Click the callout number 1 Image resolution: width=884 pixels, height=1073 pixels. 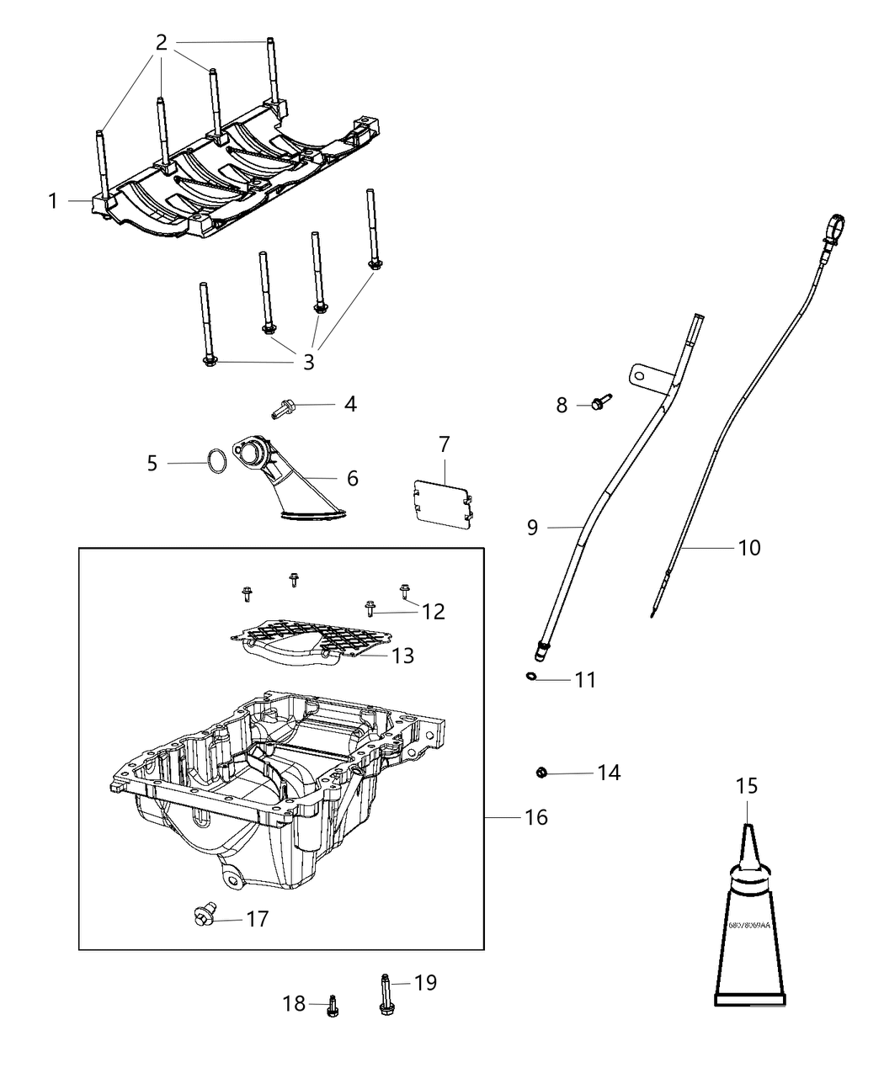[53, 201]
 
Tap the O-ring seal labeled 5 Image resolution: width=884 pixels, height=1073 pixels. [216, 462]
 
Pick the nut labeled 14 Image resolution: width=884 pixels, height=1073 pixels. [542, 772]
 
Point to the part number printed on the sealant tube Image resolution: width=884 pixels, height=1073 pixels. [749, 924]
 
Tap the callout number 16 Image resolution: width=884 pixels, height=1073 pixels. [535, 817]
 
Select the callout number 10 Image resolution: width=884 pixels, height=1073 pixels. [748, 548]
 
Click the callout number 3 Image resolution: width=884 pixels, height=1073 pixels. [308, 362]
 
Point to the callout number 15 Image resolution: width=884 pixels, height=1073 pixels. [747, 786]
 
